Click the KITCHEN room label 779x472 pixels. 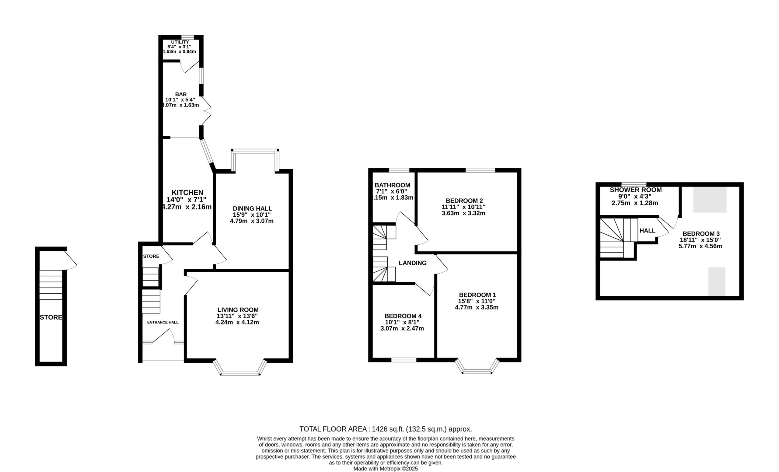187,192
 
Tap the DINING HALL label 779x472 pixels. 252,209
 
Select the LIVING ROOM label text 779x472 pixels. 238,310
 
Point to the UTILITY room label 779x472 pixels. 180,42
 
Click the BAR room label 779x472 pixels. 181,94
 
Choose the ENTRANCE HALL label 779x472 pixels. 163,322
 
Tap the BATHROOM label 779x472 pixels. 392,185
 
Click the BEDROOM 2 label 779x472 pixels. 464,201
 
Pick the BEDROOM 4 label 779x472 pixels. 403,316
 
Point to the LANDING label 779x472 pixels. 413,263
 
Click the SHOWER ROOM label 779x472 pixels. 635,190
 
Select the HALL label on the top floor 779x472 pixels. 647,231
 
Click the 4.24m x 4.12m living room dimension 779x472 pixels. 237,323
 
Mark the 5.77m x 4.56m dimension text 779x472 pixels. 700,246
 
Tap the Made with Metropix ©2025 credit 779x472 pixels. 386,469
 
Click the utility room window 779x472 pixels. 187,37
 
